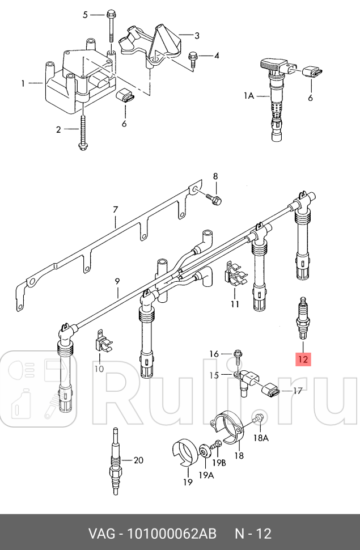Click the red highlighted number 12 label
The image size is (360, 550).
point(302,359)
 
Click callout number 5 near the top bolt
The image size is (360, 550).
point(86,15)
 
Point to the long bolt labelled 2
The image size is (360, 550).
point(83,130)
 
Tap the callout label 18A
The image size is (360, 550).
point(261,438)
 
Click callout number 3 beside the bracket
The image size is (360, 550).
point(197,36)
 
